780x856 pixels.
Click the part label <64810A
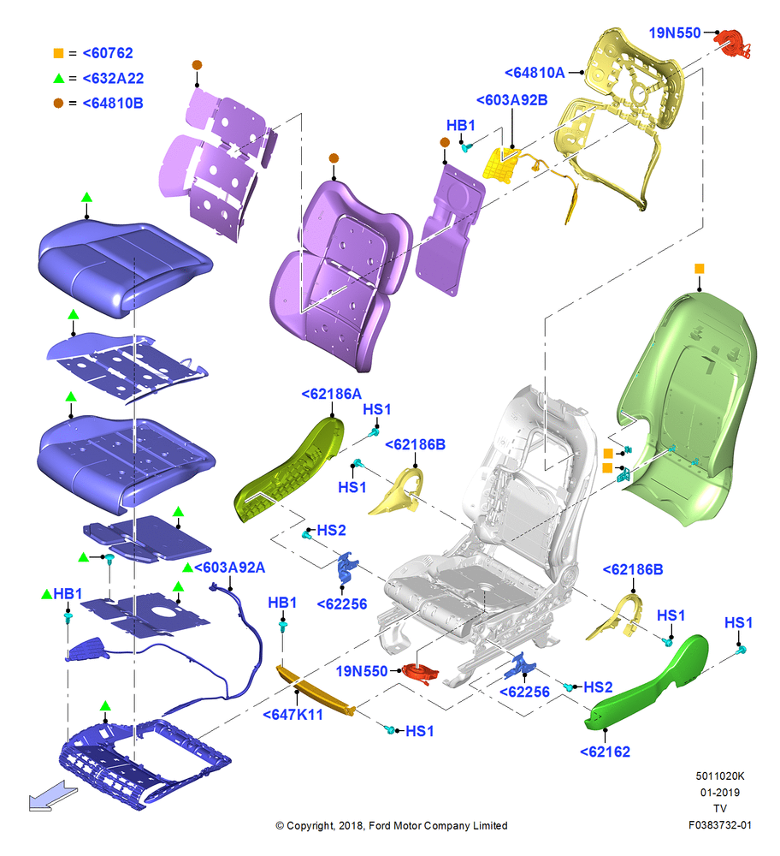[535, 73]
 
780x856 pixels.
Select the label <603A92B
[511, 100]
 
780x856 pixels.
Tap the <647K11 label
[292, 715]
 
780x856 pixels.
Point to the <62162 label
[605, 752]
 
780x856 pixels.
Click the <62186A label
[332, 394]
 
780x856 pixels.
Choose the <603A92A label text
[229, 568]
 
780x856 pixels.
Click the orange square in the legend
[58, 53]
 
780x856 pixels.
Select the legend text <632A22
[113, 79]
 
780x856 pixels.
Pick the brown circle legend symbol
[58, 104]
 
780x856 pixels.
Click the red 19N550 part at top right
[734, 44]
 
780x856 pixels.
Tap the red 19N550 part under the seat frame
[420, 673]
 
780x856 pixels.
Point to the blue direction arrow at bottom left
[53, 796]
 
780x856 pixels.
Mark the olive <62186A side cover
[289, 469]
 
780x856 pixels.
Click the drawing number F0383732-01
[720, 825]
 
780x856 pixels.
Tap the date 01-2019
[720, 792]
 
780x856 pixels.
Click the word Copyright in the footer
[310, 826]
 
